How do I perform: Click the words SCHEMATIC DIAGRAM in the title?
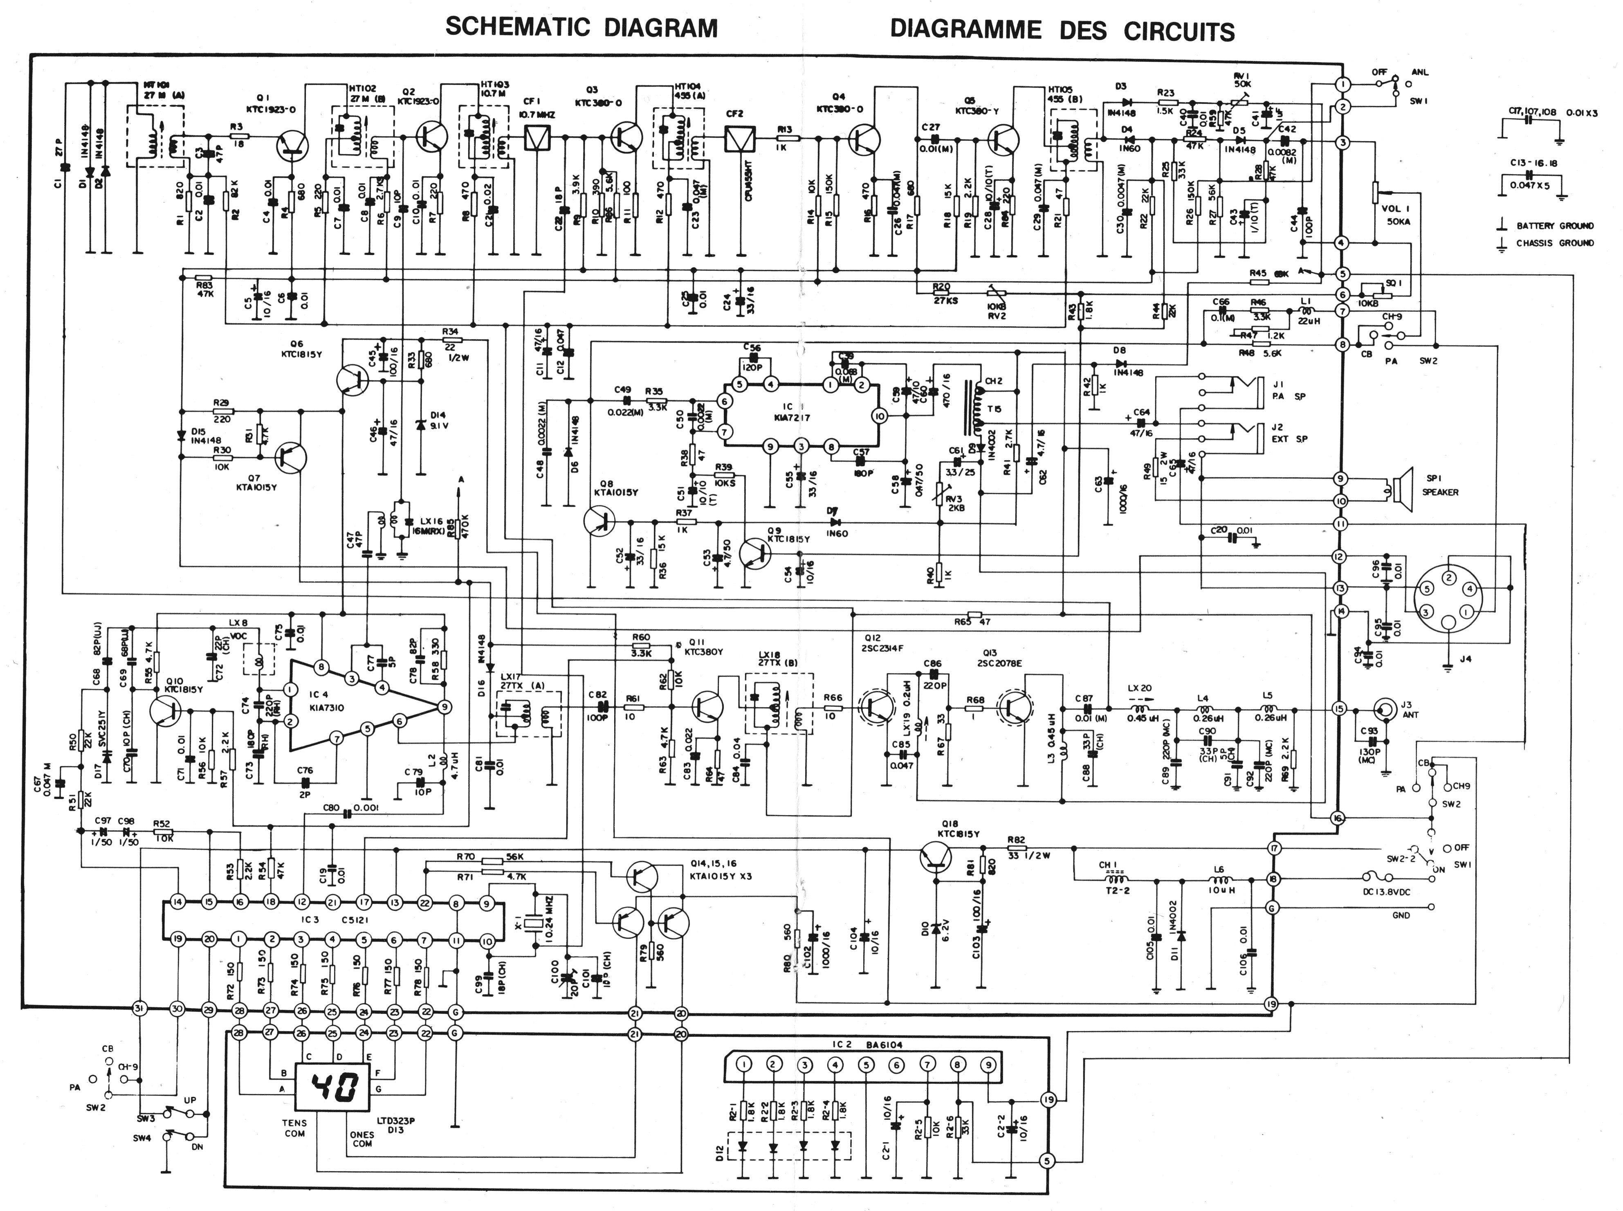click(x=581, y=28)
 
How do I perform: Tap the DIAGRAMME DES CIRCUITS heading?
click(x=1062, y=31)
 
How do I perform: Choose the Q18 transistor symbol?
click(x=936, y=856)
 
